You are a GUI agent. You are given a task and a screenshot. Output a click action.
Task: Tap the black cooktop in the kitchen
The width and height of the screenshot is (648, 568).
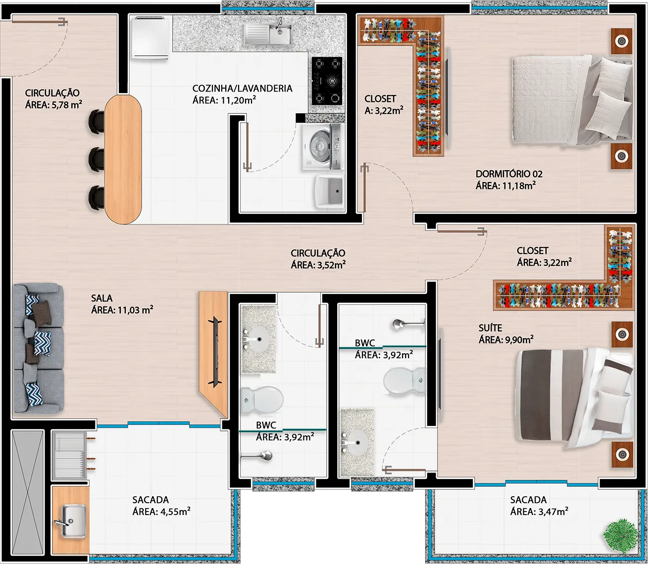327,81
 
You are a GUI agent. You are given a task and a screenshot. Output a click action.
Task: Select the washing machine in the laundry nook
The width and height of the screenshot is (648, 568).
322,147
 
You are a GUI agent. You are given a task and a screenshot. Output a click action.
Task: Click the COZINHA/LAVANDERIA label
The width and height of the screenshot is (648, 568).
242,88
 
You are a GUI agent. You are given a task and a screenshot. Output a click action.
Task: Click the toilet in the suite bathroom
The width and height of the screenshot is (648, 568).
404,380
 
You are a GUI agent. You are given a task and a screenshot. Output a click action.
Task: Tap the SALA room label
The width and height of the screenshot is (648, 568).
101,298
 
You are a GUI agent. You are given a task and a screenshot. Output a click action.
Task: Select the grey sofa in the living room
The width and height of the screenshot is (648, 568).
39,348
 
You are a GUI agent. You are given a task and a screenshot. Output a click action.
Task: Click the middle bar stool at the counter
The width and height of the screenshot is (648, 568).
97,159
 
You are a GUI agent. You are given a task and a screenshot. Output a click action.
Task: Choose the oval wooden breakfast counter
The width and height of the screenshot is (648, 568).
123,159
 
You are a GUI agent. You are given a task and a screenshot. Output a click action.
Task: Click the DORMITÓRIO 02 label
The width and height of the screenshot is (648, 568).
509,174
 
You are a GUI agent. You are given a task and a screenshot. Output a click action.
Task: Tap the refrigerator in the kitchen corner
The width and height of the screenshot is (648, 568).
150,38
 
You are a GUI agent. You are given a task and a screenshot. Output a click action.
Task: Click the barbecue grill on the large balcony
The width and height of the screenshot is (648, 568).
69,455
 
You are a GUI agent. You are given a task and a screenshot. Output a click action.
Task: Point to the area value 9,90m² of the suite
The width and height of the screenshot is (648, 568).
519,340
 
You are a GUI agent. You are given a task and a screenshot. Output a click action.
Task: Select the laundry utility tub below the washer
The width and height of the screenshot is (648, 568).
330,191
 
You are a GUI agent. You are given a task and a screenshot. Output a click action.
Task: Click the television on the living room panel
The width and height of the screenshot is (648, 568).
215,352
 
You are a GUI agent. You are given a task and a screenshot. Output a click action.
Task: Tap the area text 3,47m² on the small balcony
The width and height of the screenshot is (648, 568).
553,512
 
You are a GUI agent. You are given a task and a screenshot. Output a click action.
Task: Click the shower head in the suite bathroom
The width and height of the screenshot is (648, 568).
408,325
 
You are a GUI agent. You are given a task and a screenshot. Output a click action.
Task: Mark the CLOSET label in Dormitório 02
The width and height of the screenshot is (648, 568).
380,99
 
